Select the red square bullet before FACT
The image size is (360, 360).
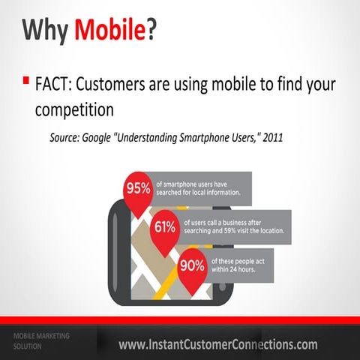pyautogui.click(x=25, y=79)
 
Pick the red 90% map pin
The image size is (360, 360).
pyautogui.click(x=192, y=265)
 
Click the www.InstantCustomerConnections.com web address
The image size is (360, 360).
pyautogui.click(x=217, y=344)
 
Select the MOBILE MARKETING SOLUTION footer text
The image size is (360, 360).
pyautogui.click(x=41, y=340)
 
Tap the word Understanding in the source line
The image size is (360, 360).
pyautogui.click(x=157, y=139)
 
